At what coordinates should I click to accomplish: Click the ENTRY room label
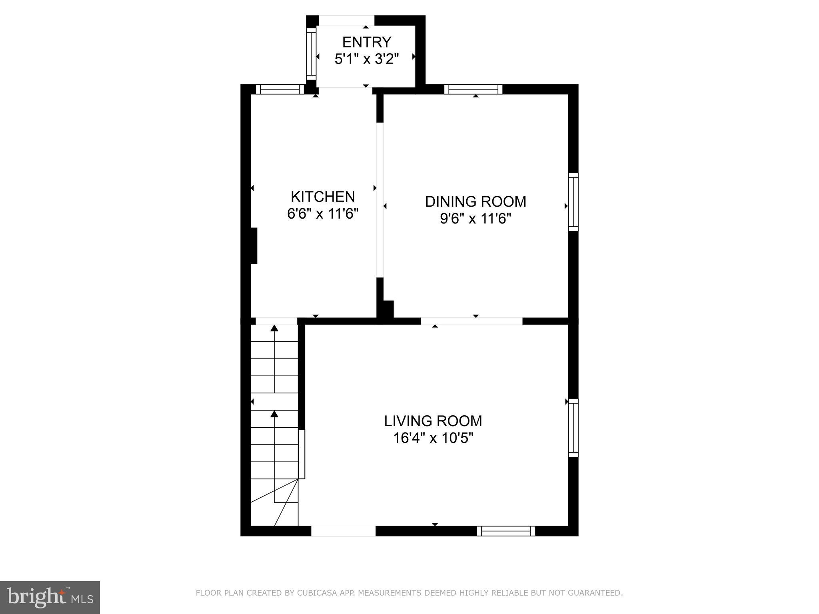pos(366,42)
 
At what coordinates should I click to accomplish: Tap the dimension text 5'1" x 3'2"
pos(366,59)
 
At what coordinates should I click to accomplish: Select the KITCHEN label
pos(323,197)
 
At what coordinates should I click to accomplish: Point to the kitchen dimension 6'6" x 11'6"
pos(323,214)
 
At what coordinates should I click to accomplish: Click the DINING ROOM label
pos(475,201)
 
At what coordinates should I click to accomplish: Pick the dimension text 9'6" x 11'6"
pos(475,219)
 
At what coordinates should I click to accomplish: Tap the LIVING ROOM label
pos(433,421)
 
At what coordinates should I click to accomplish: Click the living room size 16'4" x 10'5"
pos(433,439)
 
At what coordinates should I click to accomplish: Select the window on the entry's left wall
pos(311,54)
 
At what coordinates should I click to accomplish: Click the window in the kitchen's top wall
pos(280,89)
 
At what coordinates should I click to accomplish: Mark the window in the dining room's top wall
pos(473,89)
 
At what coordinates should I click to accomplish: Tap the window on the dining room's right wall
pos(573,202)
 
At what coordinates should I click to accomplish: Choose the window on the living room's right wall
pos(573,427)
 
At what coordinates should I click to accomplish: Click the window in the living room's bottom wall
pos(506,531)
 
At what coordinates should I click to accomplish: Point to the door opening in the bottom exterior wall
pos(343,531)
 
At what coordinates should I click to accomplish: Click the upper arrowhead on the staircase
pos(274,329)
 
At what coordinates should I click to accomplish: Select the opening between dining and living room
pos(471,321)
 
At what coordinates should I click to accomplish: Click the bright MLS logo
pos(50,597)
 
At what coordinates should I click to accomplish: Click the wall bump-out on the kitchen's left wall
pos(253,246)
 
